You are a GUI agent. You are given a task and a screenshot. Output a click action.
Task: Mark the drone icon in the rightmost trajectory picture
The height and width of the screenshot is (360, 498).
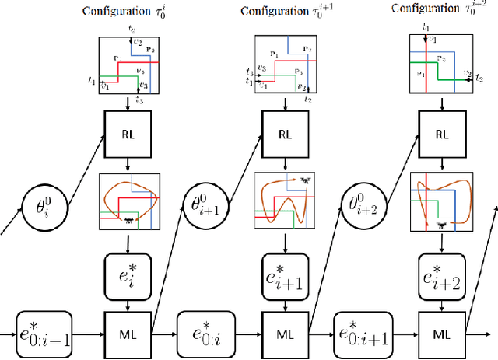click(x=443, y=226)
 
